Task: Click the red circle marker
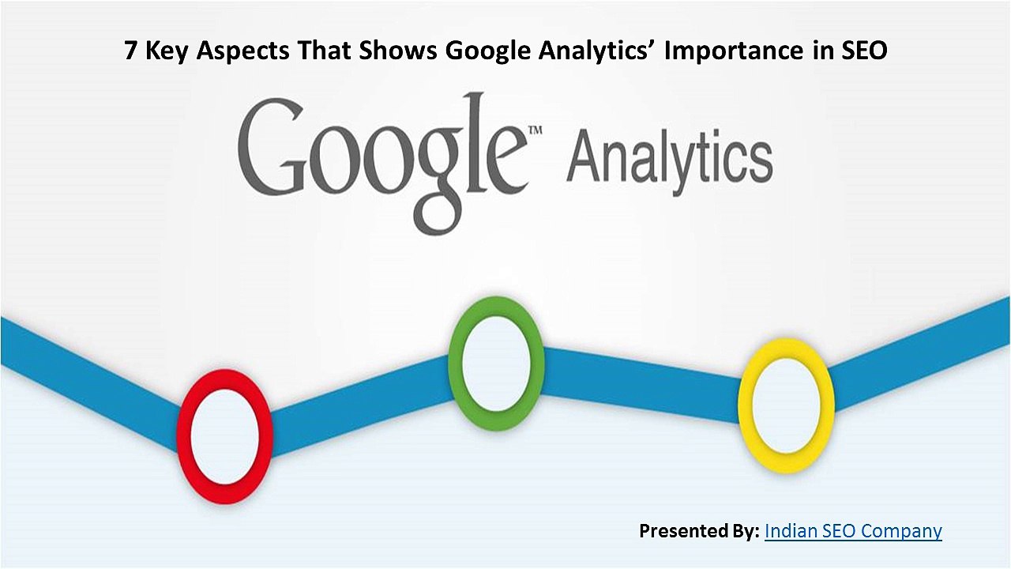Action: click(225, 435)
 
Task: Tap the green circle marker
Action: click(496, 364)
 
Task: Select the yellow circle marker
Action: click(786, 405)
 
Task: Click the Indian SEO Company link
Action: click(853, 530)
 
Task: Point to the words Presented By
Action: click(699, 530)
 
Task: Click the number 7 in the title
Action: click(132, 51)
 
